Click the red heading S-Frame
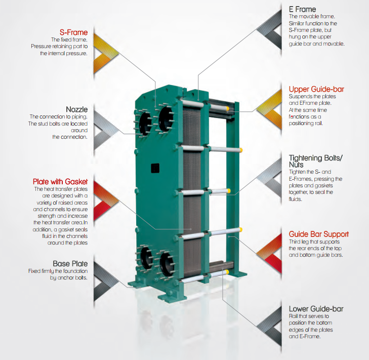(x=73, y=32)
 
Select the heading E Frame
(x=302, y=9)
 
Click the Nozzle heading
(x=77, y=109)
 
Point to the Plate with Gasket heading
(x=60, y=181)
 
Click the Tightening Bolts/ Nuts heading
(x=315, y=161)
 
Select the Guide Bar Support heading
(x=318, y=234)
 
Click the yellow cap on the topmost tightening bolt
(x=229, y=108)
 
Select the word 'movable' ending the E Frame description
(x=334, y=44)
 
